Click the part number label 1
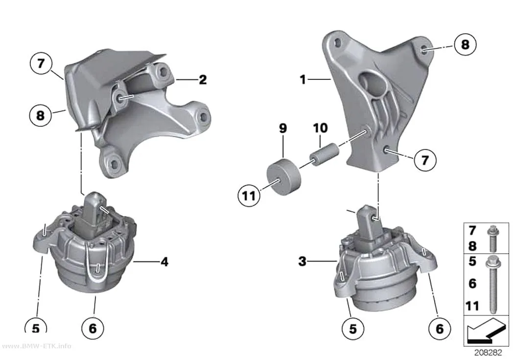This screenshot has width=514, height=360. point(303,79)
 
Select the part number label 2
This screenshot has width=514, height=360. point(203,80)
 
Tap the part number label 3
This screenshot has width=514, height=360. point(302,262)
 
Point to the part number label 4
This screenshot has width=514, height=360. point(164,262)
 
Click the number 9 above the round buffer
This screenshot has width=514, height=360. point(283,128)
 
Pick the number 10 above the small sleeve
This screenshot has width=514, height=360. point(320,128)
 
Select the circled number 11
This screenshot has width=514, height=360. point(249,196)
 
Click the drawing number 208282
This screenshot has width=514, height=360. point(488,353)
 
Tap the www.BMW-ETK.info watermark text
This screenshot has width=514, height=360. point(36,346)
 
